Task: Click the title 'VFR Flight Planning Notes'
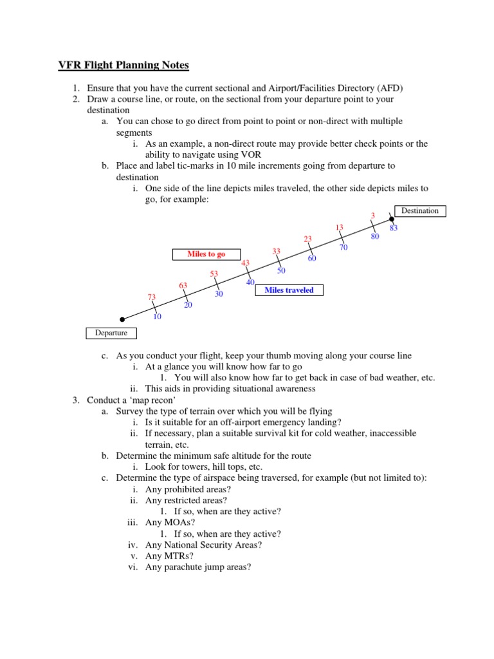120,65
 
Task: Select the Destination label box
419,210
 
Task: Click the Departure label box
111,333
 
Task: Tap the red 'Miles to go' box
206,254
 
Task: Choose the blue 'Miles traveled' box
289,290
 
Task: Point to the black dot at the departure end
122,319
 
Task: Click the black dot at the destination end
391,219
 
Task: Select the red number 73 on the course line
152,297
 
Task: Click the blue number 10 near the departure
157,317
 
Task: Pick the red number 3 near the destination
372,215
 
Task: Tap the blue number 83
394,228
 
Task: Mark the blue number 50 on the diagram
281,271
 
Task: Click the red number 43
245,263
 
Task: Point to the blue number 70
343,247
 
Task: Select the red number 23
308,239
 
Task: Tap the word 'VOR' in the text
252,154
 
